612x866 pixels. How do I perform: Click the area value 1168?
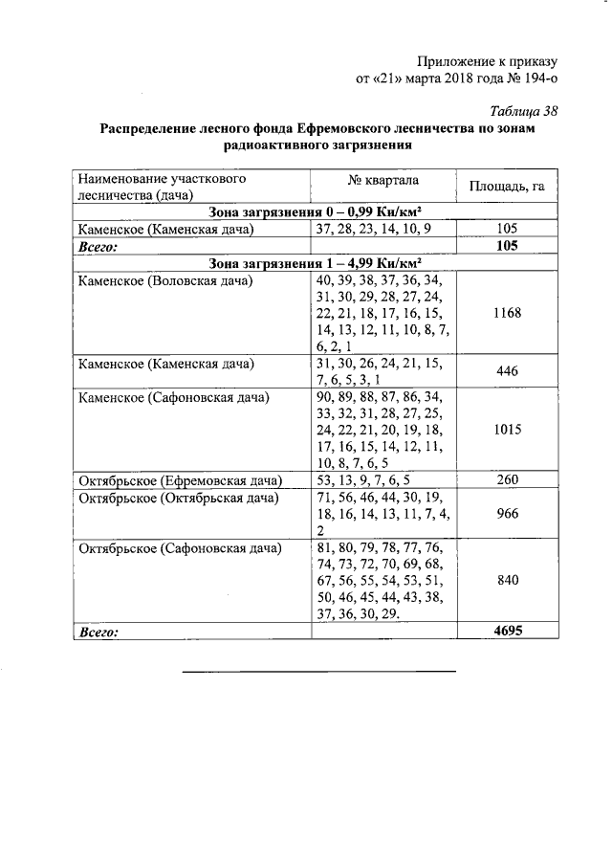[507, 313]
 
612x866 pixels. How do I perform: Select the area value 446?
[507, 372]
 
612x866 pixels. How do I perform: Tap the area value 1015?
[507, 430]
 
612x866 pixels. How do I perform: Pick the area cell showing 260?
[507, 480]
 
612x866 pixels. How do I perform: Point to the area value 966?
[507, 514]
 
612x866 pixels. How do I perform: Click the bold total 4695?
[507, 630]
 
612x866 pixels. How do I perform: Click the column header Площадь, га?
[507, 186]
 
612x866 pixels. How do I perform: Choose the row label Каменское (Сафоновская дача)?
[173, 396]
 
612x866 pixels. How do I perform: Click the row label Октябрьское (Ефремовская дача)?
[179, 480]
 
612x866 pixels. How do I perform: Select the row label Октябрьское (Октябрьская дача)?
[178, 498]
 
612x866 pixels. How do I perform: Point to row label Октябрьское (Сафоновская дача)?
[180, 548]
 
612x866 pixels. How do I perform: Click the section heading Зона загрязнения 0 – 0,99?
[315, 212]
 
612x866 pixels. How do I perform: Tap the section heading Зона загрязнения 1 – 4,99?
[315, 263]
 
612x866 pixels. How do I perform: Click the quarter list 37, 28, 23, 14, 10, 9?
[380, 230]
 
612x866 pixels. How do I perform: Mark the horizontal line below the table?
[319, 671]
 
